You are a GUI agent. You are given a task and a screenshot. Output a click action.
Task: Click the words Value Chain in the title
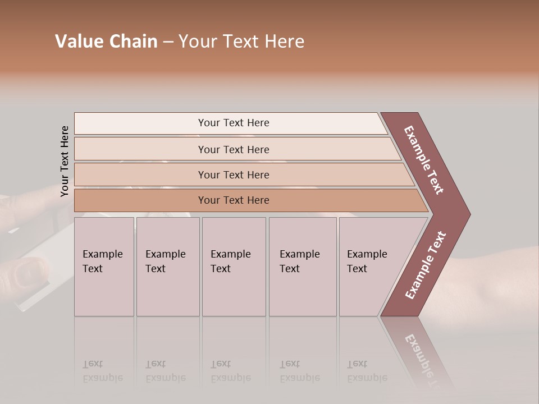click(x=106, y=42)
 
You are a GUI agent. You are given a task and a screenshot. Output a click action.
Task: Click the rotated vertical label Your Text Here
click(x=65, y=161)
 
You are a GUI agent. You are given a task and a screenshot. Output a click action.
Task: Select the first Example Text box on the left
click(x=104, y=267)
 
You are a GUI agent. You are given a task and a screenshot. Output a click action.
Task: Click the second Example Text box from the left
click(x=167, y=267)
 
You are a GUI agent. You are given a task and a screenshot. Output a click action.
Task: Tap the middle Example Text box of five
click(x=234, y=267)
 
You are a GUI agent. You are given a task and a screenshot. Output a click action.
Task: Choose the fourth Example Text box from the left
click(x=302, y=267)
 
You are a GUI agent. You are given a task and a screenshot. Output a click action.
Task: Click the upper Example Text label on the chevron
click(x=424, y=160)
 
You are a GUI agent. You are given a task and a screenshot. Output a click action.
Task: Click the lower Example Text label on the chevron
click(x=426, y=265)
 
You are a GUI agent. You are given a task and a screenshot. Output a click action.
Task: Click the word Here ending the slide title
click(x=286, y=42)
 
